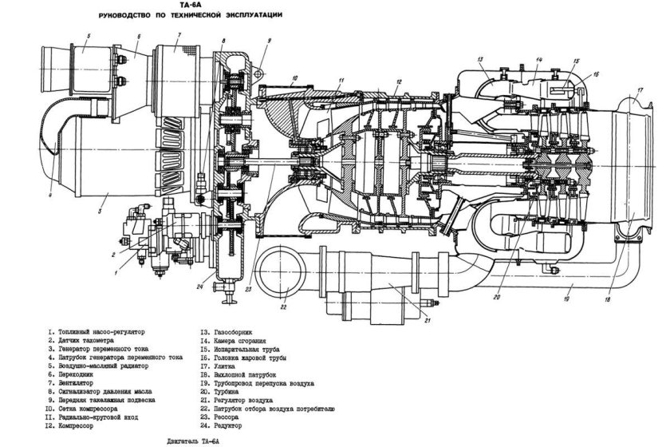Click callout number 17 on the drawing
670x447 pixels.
pos(639,89)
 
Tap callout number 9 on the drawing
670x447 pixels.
pos(269,39)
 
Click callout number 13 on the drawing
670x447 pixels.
pos(481,60)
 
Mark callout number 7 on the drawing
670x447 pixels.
pos(179,35)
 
